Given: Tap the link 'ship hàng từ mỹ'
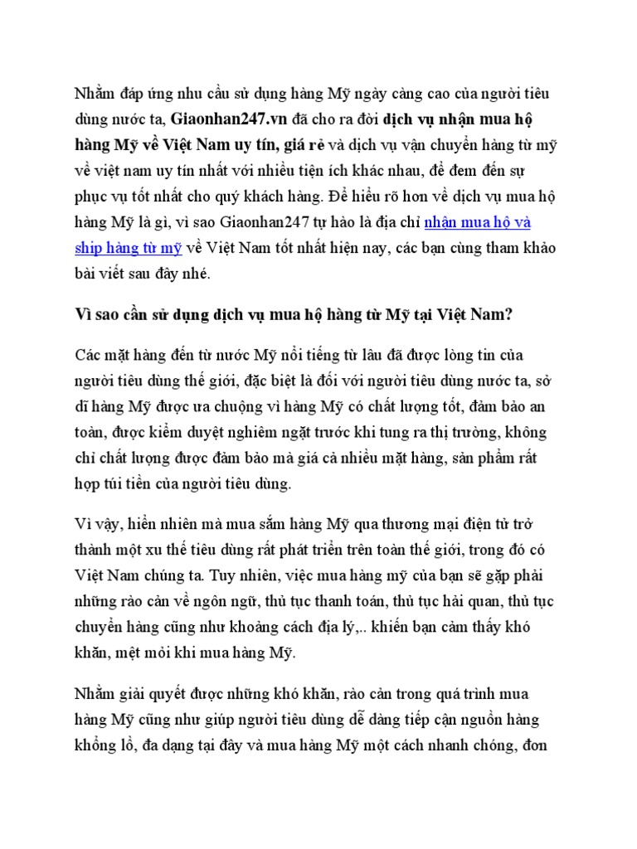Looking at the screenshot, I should pyautogui.click(x=128, y=249).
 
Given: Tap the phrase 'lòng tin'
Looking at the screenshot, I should pyautogui.click(x=469, y=356).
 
